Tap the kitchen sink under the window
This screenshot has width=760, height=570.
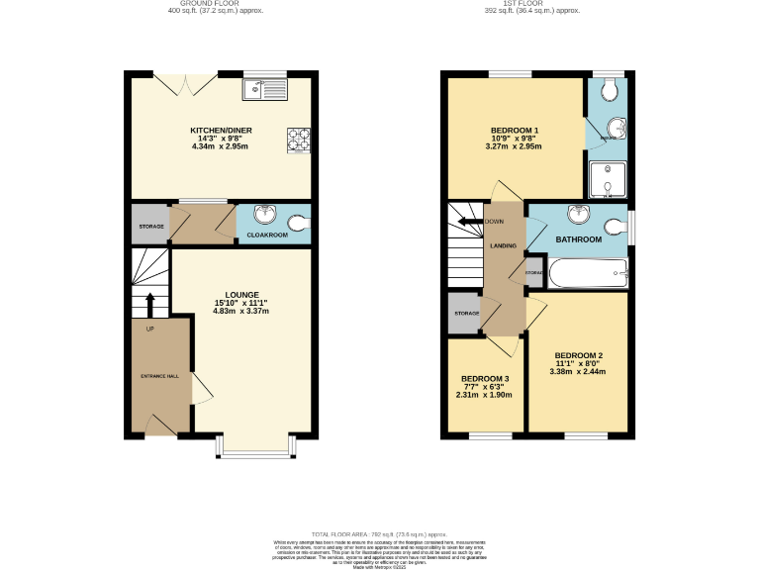click(x=264, y=91)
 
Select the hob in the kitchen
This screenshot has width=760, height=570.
click(x=299, y=141)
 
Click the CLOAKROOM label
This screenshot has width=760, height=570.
click(x=266, y=236)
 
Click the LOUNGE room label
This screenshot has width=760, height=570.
click(x=241, y=294)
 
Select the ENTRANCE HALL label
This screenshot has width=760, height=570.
click(x=158, y=376)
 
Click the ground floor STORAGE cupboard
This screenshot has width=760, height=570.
click(x=150, y=226)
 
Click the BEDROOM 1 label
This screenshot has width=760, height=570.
click(x=515, y=131)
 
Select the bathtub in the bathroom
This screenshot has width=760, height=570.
click(x=588, y=273)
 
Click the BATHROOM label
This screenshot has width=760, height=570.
click(x=578, y=239)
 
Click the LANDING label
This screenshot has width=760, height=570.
click(x=504, y=244)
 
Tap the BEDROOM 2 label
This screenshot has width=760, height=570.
click(x=579, y=355)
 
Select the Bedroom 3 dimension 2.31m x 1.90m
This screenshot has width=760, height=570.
click(x=484, y=395)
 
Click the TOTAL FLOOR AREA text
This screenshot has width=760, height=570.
click(x=380, y=533)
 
